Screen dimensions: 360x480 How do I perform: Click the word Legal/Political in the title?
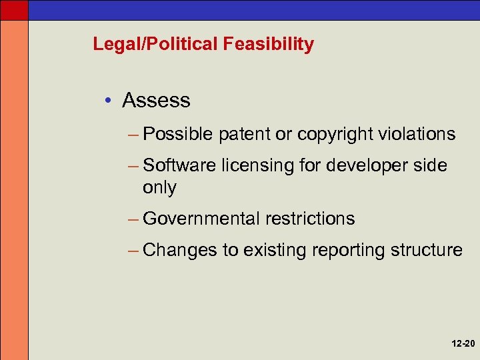click(x=155, y=45)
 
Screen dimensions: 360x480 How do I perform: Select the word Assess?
click(x=156, y=101)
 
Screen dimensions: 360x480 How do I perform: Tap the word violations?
click(x=417, y=134)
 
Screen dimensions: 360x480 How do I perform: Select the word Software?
click(x=178, y=165)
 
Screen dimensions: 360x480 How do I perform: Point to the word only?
click(x=159, y=188)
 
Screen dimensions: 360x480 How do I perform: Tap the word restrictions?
click(x=310, y=219)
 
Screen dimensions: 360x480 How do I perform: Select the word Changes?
click(x=180, y=250)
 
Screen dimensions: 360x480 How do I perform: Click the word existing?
click(x=274, y=251)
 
